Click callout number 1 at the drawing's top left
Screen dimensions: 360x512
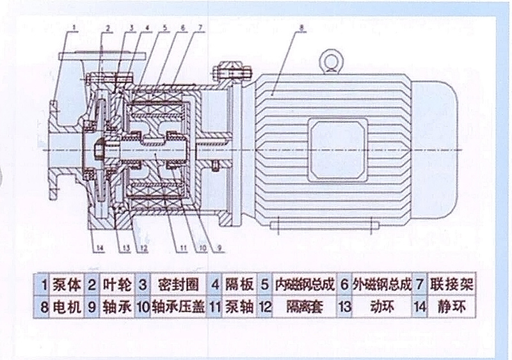pos(76,26)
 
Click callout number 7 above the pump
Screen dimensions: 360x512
pos(201,27)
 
